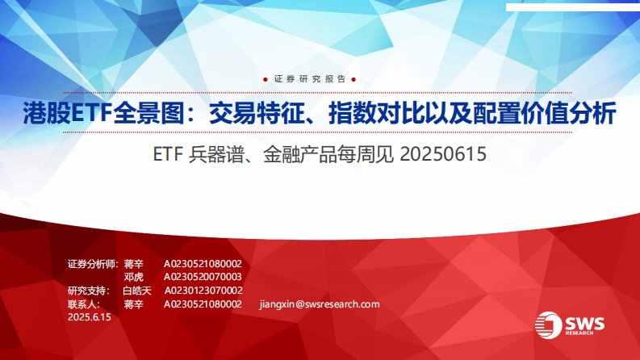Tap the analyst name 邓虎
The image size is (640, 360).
point(133,277)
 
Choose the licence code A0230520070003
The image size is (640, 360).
point(203,277)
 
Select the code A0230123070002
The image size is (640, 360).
point(203,291)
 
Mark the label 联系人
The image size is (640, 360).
point(84,304)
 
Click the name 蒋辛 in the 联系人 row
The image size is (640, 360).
point(133,304)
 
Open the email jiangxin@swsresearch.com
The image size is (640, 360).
point(320,304)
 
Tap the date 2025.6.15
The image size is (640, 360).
point(89,318)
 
